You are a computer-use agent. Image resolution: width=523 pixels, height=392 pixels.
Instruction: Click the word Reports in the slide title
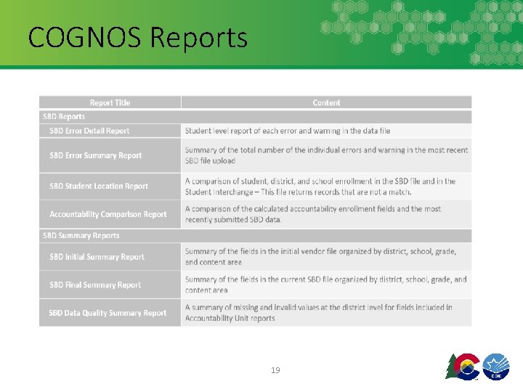tap(198, 37)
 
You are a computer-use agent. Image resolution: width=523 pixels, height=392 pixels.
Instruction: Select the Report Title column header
tap(110, 103)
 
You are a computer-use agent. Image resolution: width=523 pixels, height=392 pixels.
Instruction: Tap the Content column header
tap(326, 103)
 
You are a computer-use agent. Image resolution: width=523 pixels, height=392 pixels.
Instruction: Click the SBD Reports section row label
tap(64, 117)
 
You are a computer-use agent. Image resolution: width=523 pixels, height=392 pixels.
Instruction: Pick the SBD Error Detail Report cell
tap(89, 131)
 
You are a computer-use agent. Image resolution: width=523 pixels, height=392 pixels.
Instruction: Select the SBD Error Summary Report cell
tap(95, 155)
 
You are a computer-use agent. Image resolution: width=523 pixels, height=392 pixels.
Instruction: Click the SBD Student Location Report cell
tap(99, 187)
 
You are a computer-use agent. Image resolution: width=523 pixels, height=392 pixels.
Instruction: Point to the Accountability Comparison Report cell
tap(108, 214)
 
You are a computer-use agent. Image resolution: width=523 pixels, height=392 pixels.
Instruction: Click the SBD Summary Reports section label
tap(81, 236)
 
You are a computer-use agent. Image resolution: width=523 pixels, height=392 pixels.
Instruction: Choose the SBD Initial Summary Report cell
tap(97, 257)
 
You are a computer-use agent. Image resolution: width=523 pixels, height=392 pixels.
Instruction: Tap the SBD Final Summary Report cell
tap(95, 285)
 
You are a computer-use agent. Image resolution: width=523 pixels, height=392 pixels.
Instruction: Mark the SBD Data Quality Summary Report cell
tap(108, 314)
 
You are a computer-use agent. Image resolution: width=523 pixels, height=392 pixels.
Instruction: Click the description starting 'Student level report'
tap(288, 131)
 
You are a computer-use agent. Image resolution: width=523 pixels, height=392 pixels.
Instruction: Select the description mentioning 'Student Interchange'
tap(320, 187)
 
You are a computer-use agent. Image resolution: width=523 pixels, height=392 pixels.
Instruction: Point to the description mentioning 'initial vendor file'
tap(320, 257)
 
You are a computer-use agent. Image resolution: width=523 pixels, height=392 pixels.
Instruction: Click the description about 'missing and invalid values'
tap(318, 313)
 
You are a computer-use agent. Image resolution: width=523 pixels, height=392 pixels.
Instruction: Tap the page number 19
tap(275, 370)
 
